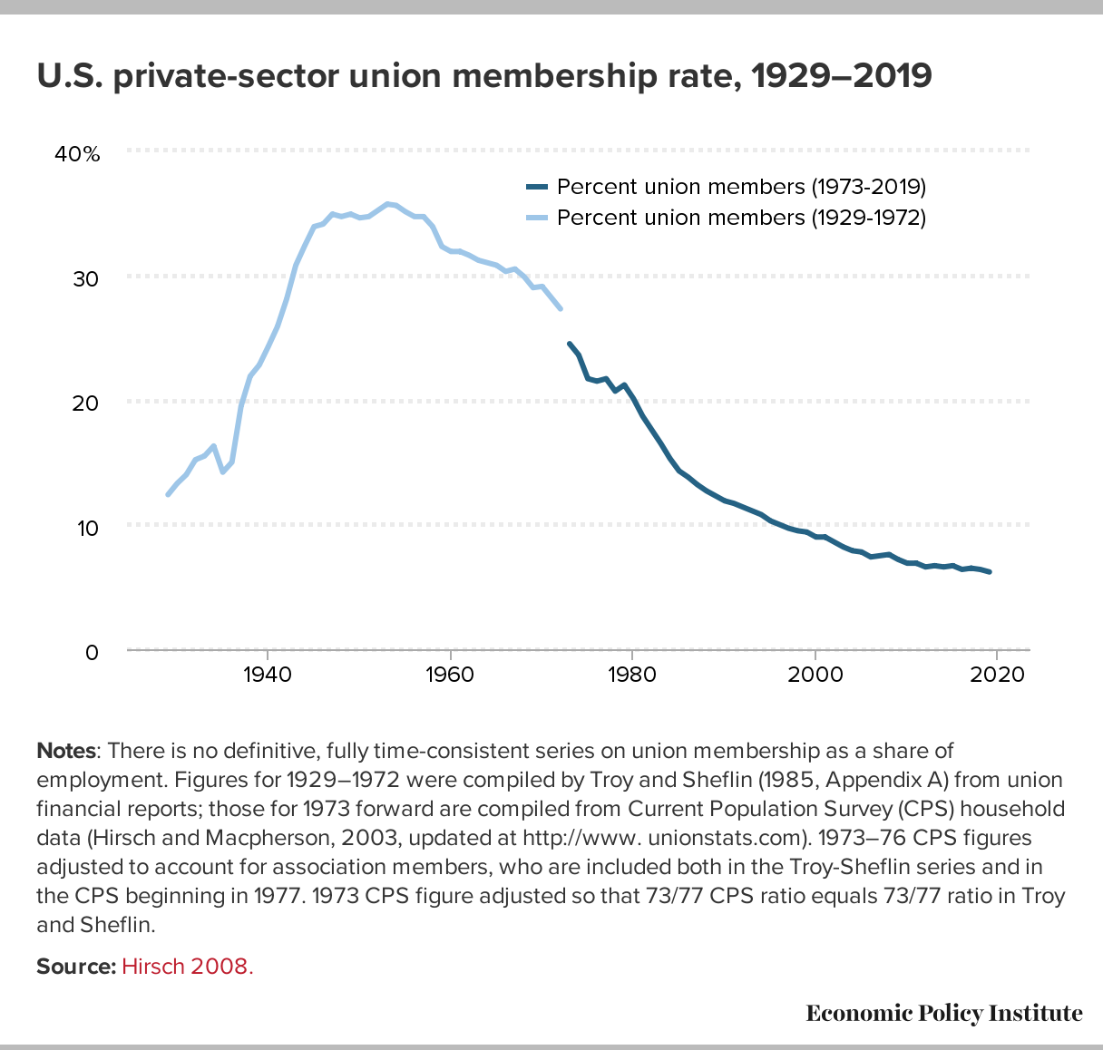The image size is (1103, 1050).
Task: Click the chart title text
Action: click(x=483, y=76)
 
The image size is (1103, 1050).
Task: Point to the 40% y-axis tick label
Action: click(x=77, y=154)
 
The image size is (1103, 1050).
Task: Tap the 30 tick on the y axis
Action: click(x=86, y=278)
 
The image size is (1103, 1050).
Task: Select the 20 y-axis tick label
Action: click(x=86, y=403)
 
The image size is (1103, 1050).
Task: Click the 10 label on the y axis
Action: click(x=86, y=527)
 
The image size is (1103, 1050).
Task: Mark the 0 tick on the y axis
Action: click(x=92, y=651)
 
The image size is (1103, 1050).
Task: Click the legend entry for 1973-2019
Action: click(x=741, y=188)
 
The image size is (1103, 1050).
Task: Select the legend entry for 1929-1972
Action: click(x=741, y=219)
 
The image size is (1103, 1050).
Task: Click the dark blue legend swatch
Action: click(x=537, y=188)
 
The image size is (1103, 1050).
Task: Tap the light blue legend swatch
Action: click(x=537, y=219)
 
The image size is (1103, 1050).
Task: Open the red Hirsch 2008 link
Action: click(x=188, y=966)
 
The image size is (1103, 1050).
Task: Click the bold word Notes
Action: click(x=65, y=751)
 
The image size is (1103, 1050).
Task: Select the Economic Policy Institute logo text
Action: click(x=943, y=1013)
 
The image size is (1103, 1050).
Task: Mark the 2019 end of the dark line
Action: click(x=990, y=572)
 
